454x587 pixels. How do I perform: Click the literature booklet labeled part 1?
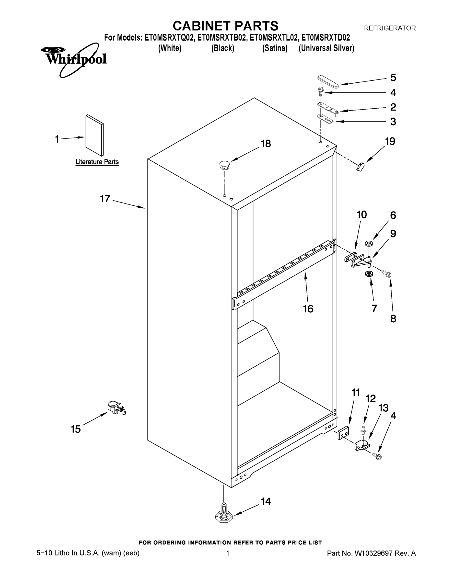[x=94, y=135]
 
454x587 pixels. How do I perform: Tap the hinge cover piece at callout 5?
[x=328, y=81]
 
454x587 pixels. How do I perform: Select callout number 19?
[x=390, y=141]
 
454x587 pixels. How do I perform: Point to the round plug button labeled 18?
[x=225, y=165]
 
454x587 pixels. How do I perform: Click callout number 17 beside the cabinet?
[x=105, y=199]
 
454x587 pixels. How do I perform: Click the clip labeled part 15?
[x=116, y=408]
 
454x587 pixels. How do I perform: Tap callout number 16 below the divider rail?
[x=308, y=309]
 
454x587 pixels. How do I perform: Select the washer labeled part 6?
[x=368, y=243]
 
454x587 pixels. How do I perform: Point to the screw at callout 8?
[x=386, y=274]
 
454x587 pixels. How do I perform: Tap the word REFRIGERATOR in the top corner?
[x=389, y=28]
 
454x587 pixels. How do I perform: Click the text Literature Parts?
[x=97, y=162]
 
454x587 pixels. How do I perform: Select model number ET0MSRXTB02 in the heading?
[x=222, y=38]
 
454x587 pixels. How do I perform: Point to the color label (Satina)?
[x=275, y=48]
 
